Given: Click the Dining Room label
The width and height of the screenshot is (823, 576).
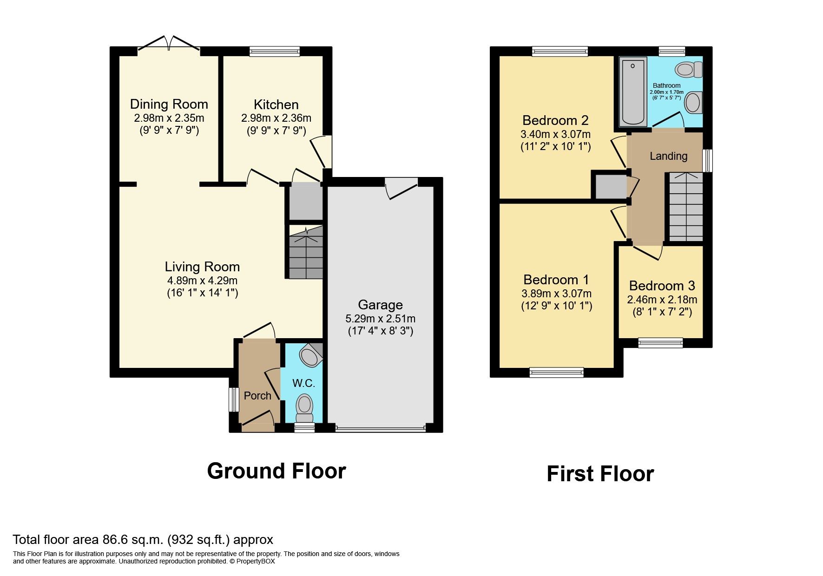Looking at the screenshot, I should pyautogui.click(x=169, y=104).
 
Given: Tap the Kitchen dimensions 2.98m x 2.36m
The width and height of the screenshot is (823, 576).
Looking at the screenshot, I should pyautogui.click(x=276, y=118).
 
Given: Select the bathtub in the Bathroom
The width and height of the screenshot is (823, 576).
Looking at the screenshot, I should pyautogui.click(x=632, y=91).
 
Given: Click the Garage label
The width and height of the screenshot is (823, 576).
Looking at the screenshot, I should pyautogui.click(x=380, y=305).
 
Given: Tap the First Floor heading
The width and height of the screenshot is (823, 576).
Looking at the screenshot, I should pyautogui.click(x=600, y=474).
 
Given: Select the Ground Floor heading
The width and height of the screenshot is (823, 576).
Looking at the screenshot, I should pyautogui.click(x=277, y=471).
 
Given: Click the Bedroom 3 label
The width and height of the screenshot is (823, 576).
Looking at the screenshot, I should pyautogui.click(x=662, y=286).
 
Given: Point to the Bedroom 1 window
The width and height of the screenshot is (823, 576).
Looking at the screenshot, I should pyautogui.click(x=556, y=372).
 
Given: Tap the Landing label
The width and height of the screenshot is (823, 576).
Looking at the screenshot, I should pyautogui.click(x=668, y=156).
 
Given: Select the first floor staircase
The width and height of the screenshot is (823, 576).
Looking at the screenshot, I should pyautogui.click(x=685, y=207).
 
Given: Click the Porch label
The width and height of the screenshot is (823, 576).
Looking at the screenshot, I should pyautogui.click(x=257, y=396).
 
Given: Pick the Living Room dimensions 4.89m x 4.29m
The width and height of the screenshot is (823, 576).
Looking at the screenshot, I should pyautogui.click(x=202, y=281).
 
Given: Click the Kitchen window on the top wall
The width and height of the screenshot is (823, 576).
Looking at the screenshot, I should pyautogui.click(x=274, y=51).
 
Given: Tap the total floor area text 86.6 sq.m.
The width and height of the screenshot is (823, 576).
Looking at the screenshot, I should pyautogui.click(x=143, y=540).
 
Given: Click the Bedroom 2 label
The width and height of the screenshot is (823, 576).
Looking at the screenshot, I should pyautogui.click(x=555, y=120).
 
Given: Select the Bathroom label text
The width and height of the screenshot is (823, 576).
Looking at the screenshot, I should pyautogui.click(x=666, y=85).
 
